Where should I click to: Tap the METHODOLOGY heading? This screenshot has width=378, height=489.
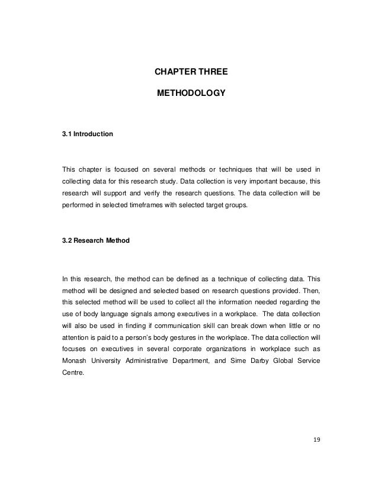pyautogui.click(x=191, y=94)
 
